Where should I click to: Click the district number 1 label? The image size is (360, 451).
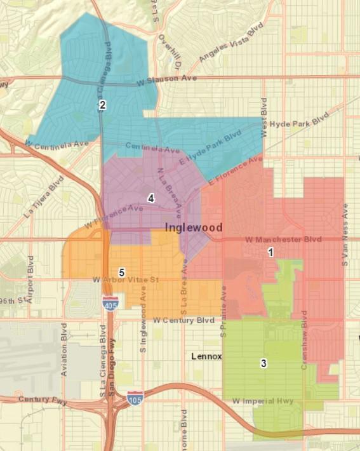point(270,252)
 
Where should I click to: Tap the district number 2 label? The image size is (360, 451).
point(102,105)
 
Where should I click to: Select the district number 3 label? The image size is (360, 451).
point(263,363)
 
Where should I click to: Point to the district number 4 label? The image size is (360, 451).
point(150,198)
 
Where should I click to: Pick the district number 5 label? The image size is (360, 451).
point(121,272)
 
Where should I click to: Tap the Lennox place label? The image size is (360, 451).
point(206,356)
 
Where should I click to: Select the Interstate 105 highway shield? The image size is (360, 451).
point(135,397)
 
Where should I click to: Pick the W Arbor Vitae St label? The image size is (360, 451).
point(124,279)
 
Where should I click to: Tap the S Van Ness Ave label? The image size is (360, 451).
point(346,235)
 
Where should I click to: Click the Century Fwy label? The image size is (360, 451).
point(42,399)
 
